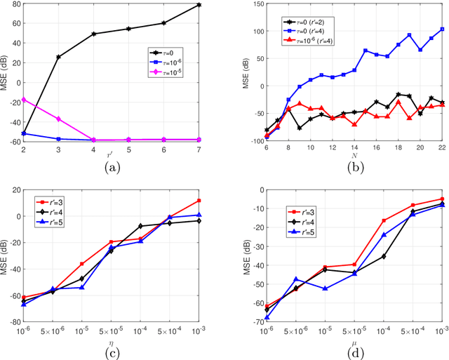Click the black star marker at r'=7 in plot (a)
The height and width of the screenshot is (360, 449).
pos(199,5)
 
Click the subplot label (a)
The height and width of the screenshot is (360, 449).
pos(112,168)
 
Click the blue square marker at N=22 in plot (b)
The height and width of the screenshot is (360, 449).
pos(442,29)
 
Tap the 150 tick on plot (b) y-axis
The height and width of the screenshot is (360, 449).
pos(252,4)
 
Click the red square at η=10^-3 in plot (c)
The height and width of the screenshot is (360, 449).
pos(199,201)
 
